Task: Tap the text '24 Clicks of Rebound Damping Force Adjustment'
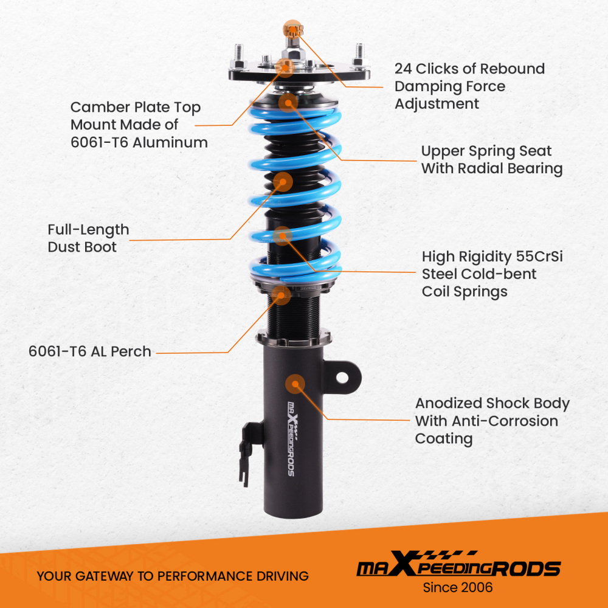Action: [469, 86]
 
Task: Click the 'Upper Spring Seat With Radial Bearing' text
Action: [491, 159]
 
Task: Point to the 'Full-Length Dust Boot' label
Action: [88, 238]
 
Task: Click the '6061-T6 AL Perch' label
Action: [89, 351]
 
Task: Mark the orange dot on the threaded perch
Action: [280, 295]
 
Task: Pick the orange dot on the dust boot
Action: [282, 181]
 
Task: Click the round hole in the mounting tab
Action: [342, 378]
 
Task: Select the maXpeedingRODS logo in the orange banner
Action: [458, 567]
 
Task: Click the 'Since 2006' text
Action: [458, 587]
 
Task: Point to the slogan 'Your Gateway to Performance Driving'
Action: [172, 576]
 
